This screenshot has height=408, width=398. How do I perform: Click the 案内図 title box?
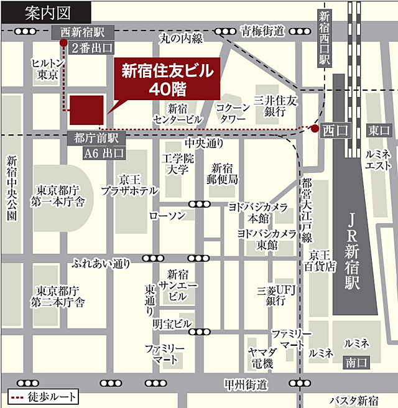[45, 10]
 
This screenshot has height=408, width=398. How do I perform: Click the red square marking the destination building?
[86, 111]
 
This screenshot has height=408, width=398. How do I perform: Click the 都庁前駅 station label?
[96, 137]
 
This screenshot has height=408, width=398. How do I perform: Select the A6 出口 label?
[104, 152]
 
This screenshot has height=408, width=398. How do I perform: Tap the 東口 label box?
[378, 130]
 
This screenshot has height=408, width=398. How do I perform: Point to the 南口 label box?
[358, 361]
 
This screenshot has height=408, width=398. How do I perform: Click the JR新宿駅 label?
[354, 249]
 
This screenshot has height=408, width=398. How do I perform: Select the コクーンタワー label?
[233, 112]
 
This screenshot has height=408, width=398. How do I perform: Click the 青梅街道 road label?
[262, 30]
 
